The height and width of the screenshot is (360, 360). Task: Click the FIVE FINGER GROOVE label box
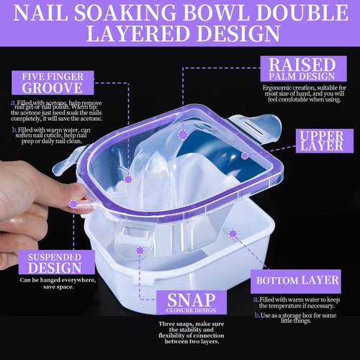tap(47, 81)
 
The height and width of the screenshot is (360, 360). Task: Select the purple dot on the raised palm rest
tap(183, 135)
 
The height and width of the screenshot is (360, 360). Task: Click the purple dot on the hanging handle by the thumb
tap(74, 204)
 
